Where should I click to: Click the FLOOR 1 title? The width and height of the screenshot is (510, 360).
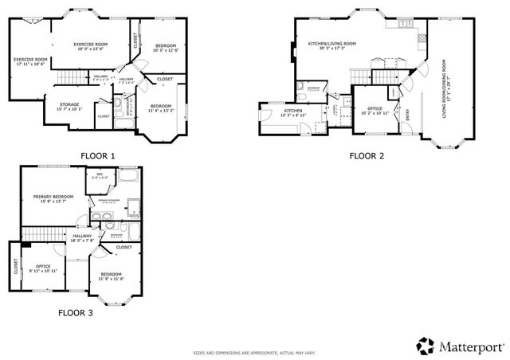point(98,155)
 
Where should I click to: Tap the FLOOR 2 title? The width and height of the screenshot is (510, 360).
point(367,156)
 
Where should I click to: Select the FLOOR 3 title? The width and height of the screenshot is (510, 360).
point(76,313)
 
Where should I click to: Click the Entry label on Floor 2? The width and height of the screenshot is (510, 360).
point(409,115)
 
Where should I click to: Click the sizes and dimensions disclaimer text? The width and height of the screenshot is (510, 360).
point(254,351)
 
